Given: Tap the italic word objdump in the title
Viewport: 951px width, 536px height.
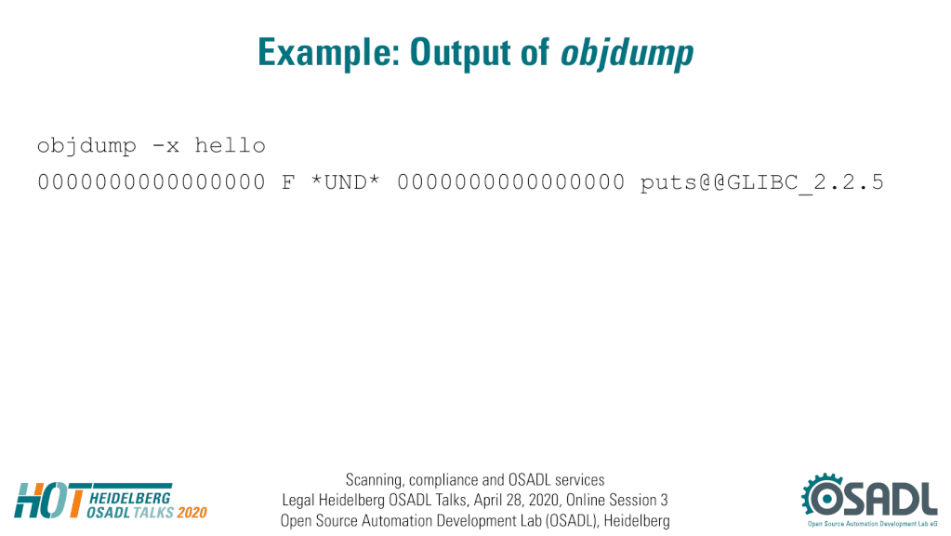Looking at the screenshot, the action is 627,53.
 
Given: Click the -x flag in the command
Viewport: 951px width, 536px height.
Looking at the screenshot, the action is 165,146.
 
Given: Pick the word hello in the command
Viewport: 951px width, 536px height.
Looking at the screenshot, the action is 230,145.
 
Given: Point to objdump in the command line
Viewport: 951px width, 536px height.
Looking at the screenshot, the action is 86,146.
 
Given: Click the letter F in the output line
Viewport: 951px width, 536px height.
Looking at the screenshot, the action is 288,182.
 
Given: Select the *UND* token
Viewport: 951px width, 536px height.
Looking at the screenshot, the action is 345,182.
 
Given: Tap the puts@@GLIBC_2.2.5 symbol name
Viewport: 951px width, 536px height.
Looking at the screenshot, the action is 761,182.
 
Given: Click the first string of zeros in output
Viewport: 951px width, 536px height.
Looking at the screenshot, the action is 152,182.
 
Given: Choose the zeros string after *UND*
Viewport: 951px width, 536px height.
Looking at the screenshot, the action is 510,182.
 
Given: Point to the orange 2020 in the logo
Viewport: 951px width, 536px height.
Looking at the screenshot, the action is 192,513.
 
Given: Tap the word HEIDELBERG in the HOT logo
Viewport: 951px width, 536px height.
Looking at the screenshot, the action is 130,499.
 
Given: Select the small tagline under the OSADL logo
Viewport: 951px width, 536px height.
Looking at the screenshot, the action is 872,524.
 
